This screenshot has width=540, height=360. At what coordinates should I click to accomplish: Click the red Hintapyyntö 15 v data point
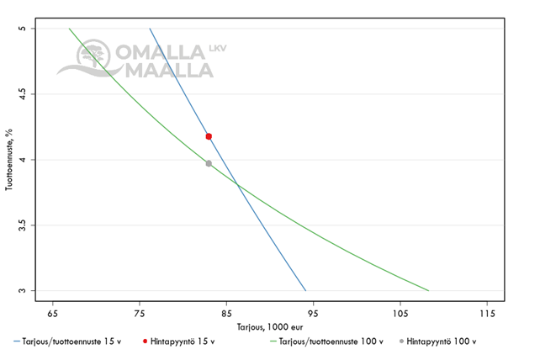(209, 136)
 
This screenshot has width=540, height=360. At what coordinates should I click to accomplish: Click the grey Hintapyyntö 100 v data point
(209, 163)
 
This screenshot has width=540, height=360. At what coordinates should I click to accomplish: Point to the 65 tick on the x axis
(53, 313)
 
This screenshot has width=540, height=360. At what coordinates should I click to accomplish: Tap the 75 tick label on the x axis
(140, 313)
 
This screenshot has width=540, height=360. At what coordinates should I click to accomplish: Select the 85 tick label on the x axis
(226, 313)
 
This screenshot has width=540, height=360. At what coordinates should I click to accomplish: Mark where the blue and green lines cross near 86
(238, 184)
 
